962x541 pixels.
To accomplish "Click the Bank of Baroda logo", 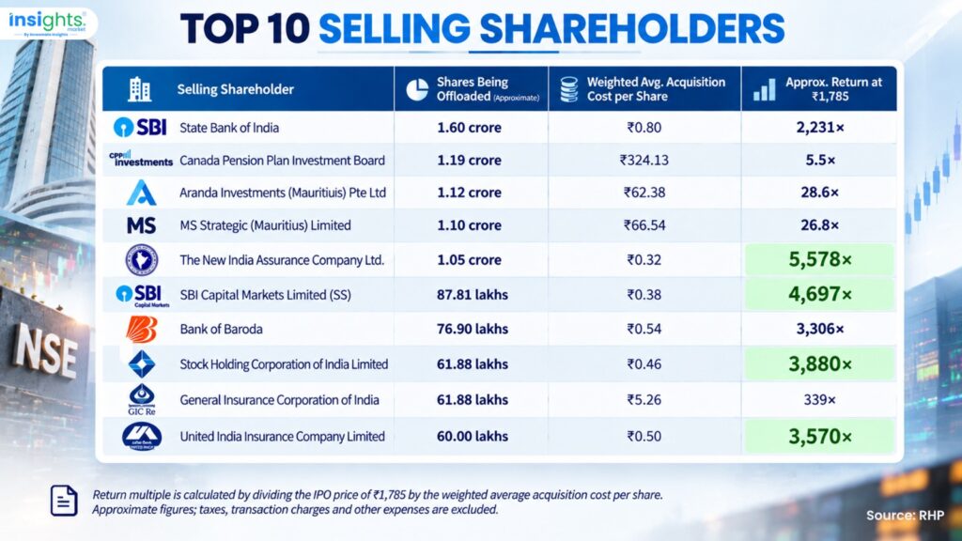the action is tap(142, 330).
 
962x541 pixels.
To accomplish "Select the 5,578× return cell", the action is tap(819, 260).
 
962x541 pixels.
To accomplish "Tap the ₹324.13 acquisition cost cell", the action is tap(644, 160).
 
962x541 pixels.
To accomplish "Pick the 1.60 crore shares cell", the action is tap(469, 128).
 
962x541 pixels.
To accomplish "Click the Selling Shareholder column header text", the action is tap(236, 89).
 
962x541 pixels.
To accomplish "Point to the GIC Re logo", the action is tap(142, 400).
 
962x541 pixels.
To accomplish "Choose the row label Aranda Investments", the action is tap(283, 193).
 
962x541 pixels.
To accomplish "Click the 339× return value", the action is tap(819, 400).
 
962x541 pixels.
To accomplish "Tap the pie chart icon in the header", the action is tap(417, 89).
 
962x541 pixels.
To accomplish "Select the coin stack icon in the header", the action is tap(568, 89).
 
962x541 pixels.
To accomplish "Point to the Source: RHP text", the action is tap(905, 516).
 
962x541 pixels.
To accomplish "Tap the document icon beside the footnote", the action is tap(64, 500).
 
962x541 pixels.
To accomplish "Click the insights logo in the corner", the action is tap(47, 23).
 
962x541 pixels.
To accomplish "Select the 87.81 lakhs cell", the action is tap(473, 295).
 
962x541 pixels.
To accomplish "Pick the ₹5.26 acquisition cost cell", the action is tap(644, 400).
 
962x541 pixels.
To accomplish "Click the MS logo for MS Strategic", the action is tap(141, 225).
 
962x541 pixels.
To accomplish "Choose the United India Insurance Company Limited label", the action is tap(282, 437).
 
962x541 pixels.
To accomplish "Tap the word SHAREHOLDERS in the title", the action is tap(632, 29).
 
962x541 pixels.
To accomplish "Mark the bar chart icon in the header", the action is tap(765, 89).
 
